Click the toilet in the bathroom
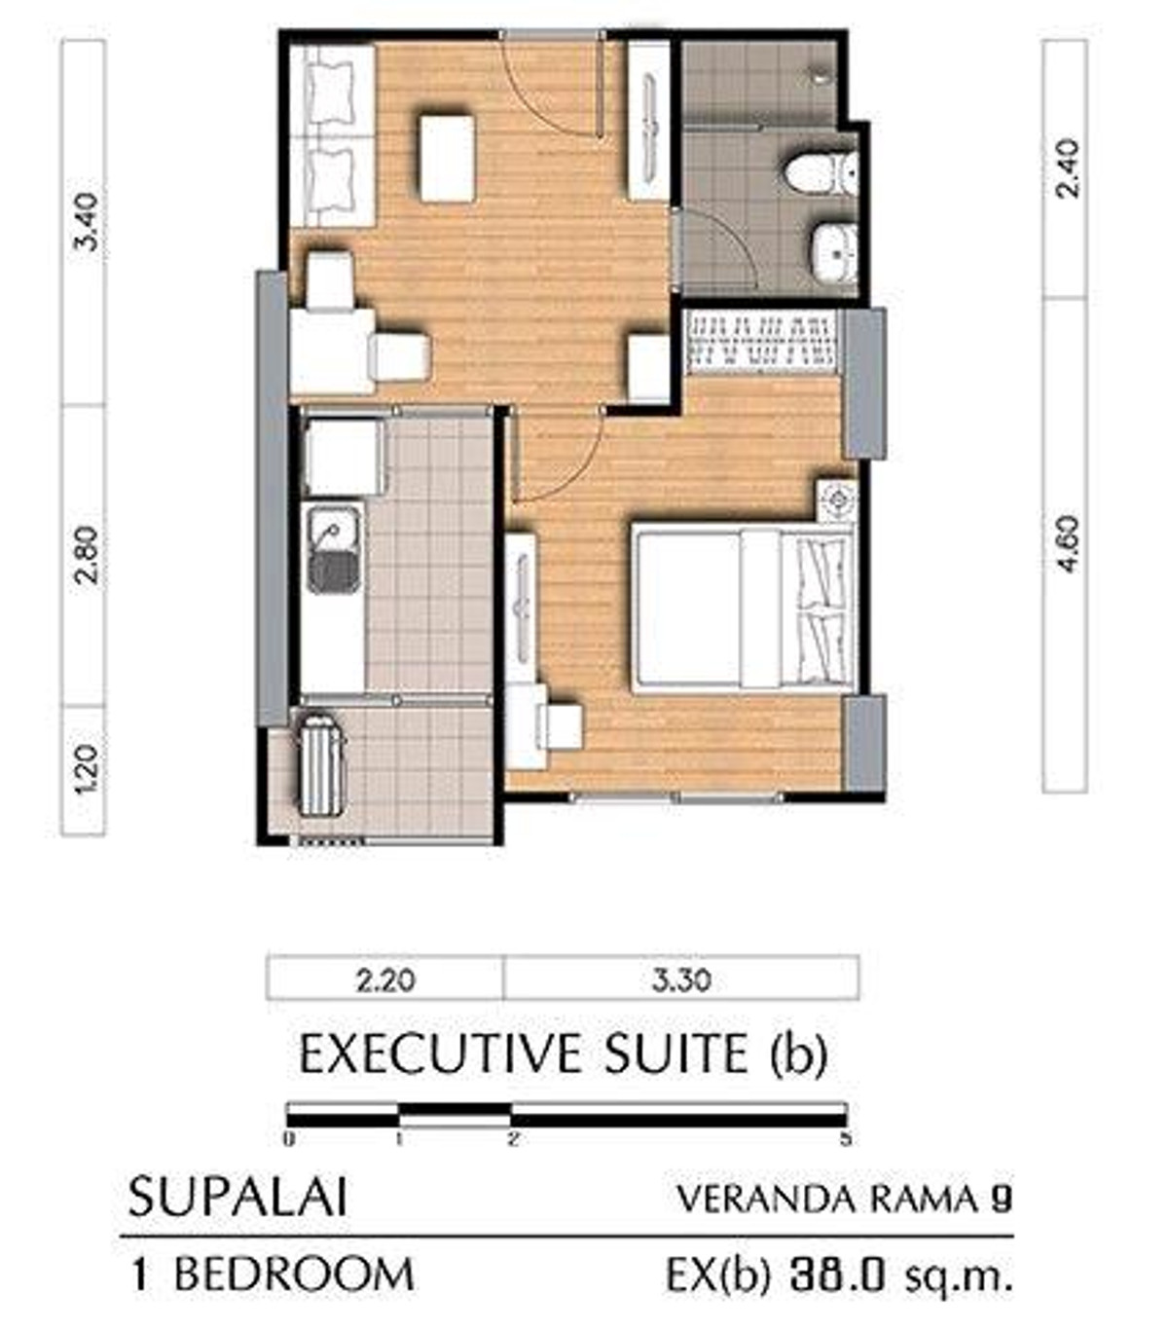click(x=820, y=173)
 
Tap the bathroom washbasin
click(x=834, y=254)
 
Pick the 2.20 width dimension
click(x=385, y=980)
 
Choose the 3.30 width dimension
click(x=681, y=980)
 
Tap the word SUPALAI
click(x=237, y=1197)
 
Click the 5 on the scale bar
click(x=846, y=1138)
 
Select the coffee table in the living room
click(x=447, y=159)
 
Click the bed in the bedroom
click(x=744, y=610)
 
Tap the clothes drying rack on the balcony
click(x=321, y=765)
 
